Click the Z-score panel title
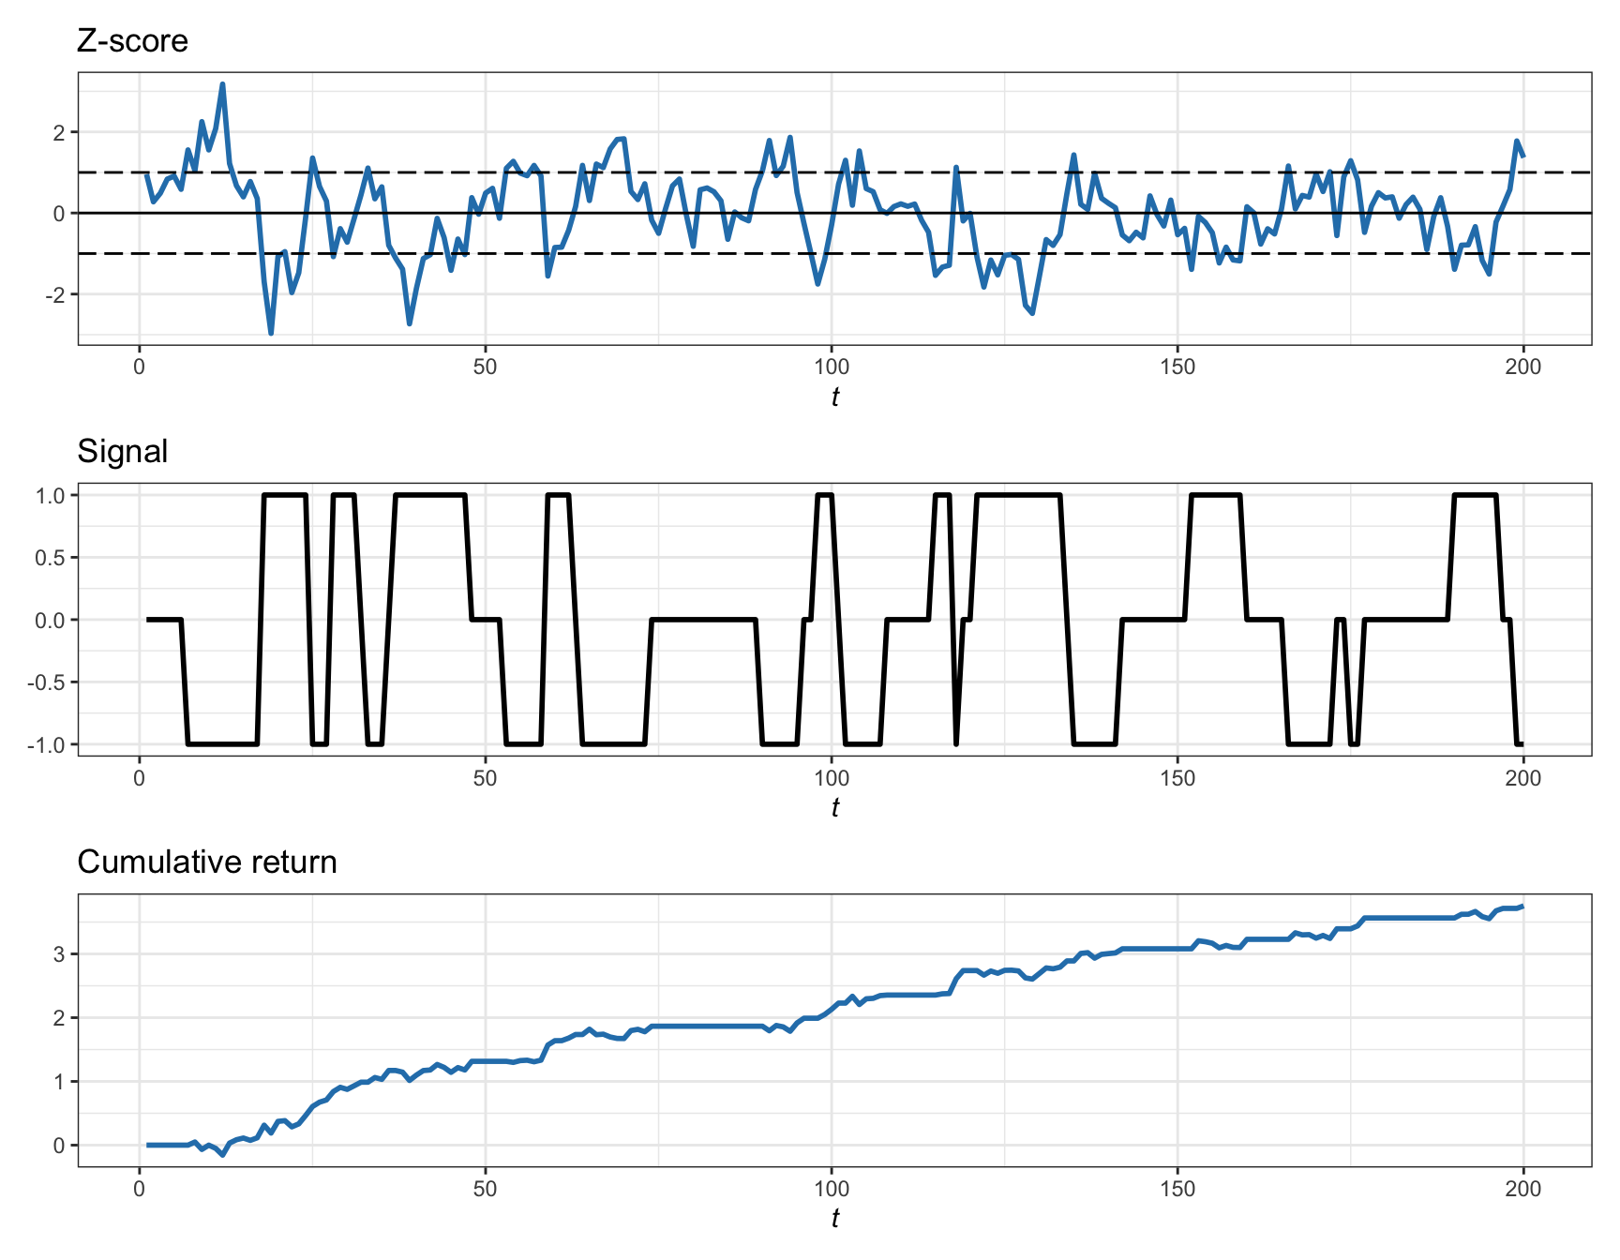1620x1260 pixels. [132, 41]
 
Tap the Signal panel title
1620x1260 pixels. [123, 452]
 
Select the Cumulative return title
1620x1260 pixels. [206, 862]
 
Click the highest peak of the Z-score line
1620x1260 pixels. [222, 84]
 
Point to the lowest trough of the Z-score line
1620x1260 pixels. [271, 333]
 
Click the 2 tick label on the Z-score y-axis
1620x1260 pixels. [60, 132]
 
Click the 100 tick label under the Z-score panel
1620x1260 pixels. [831, 367]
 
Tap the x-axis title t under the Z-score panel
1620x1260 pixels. [834, 397]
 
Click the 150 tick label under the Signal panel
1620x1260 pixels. [1177, 778]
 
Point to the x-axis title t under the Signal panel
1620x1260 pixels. [834, 808]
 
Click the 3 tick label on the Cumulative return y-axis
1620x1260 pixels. [60, 954]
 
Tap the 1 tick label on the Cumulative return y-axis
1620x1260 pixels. [60, 1082]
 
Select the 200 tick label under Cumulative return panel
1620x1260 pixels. [1522, 1189]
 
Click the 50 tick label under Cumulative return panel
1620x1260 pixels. [485, 1189]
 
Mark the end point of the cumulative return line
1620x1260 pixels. [1522, 907]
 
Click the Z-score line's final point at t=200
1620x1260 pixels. [1522, 156]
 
